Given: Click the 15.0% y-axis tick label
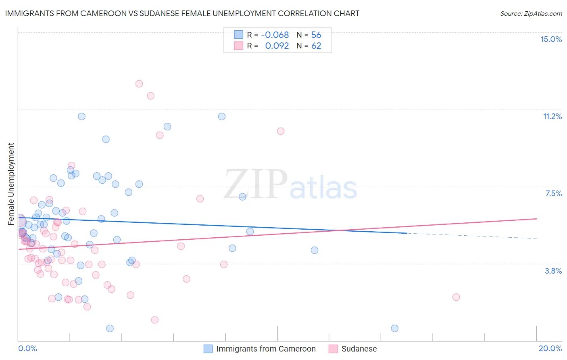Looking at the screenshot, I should (x=551, y=39).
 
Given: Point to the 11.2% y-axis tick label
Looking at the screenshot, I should (x=552, y=116).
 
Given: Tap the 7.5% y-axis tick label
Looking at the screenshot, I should (x=553, y=193).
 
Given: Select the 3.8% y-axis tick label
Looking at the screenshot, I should (x=553, y=271).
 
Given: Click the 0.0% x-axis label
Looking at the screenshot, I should (x=27, y=348).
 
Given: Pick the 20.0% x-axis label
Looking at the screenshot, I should (x=550, y=348).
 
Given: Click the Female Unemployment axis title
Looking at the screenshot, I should (x=11, y=184).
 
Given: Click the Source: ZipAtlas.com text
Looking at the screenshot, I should (x=531, y=13).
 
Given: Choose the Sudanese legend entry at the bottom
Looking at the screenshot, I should (x=359, y=349).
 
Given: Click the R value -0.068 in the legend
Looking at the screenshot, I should (x=275, y=35).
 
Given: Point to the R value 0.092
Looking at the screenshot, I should (x=277, y=46).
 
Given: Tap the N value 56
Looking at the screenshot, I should (x=316, y=35).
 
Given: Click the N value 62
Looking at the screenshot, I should (x=316, y=46).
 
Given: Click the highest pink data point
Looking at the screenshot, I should (x=139, y=84).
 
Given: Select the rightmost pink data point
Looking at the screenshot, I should (x=456, y=297).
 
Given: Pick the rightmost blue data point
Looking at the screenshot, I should (x=395, y=329).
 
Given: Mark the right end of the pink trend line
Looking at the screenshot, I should (x=536, y=218).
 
